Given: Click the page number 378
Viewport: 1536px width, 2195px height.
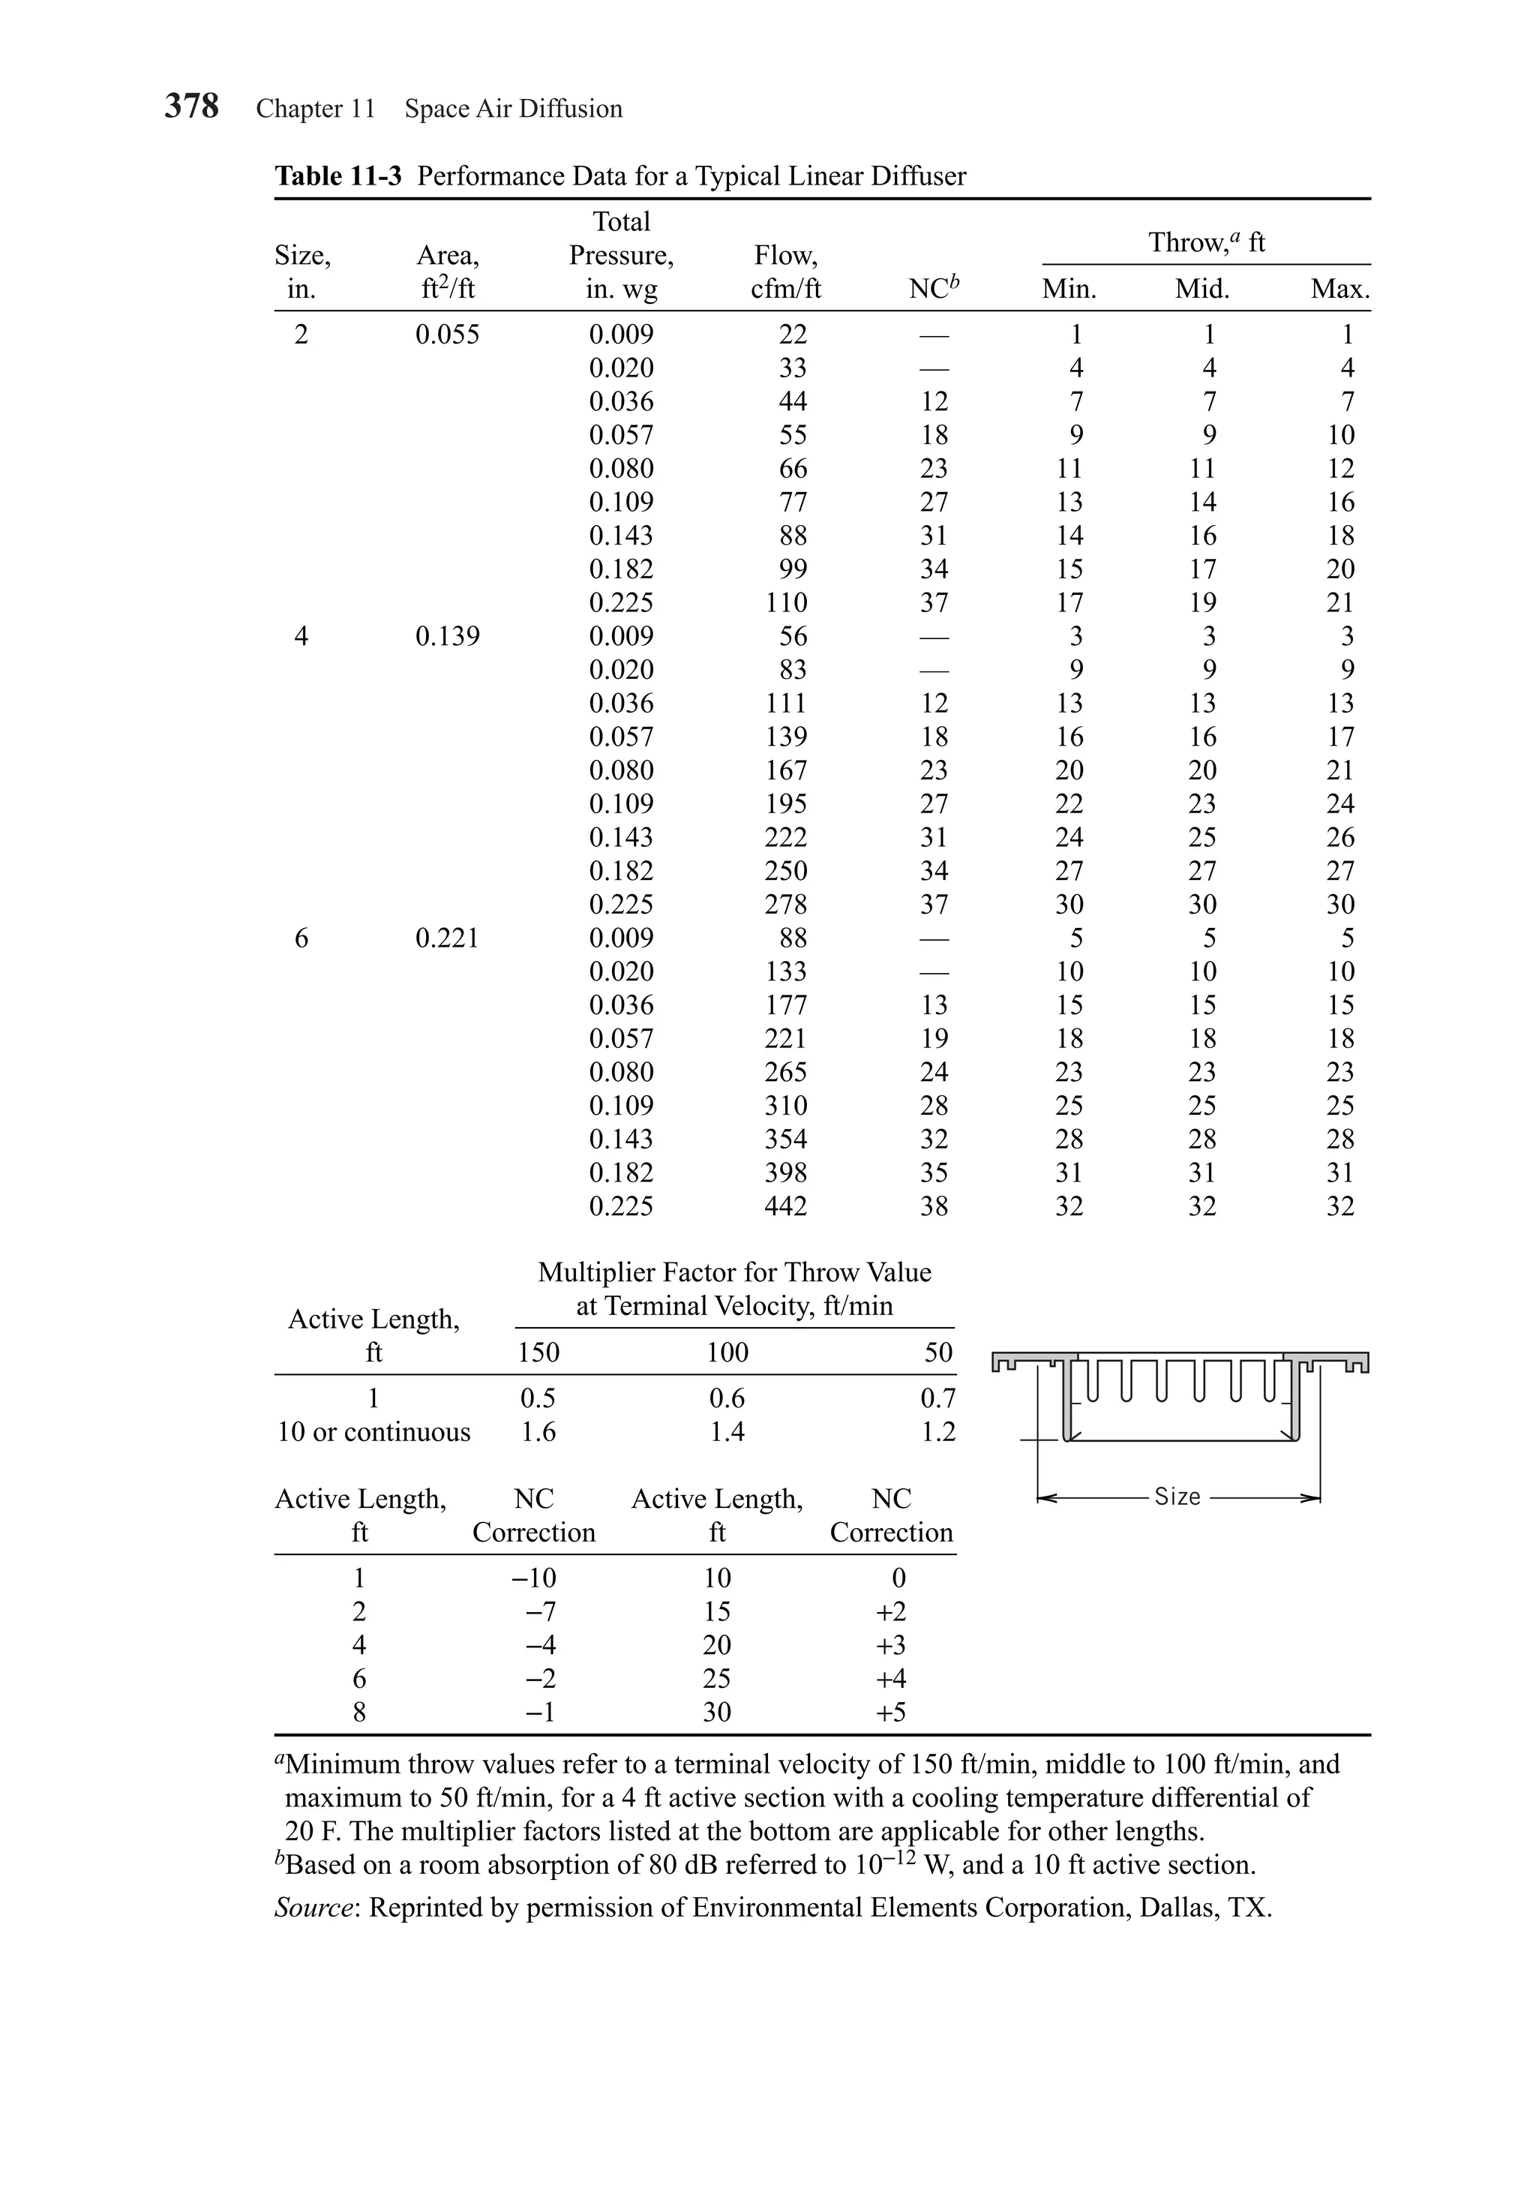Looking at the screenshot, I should click(191, 106).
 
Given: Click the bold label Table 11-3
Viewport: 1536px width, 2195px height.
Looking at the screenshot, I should click(337, 176).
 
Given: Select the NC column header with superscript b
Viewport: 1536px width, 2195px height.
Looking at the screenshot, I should click(933, 288).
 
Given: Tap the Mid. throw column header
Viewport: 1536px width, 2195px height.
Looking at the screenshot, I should click(1201, 289).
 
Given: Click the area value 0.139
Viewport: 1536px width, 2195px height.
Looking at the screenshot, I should click(447, 635).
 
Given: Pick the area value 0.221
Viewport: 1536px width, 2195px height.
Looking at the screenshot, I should click(447, 938).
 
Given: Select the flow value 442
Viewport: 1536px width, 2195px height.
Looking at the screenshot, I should click(786, 1206).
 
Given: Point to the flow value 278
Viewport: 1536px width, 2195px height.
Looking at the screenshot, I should click(786, 905).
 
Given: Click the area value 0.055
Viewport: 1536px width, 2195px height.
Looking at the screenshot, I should click(447, 335).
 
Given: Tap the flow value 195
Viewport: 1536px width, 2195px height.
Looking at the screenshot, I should click(786, 804).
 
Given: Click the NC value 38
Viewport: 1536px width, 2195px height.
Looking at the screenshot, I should click(934, 1206).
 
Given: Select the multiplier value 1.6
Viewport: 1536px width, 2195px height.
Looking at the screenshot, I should click(538, 1431).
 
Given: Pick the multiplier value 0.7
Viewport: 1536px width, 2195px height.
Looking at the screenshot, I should click(937, 1398).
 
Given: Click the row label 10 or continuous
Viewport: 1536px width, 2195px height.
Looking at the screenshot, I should click(373, 1431).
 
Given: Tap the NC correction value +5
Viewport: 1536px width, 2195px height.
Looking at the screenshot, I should click(891, 1711).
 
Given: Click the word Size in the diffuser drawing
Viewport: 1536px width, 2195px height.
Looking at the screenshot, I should click(1177, 1496).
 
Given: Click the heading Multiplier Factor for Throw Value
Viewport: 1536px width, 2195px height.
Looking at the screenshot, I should click(734, 1272).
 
